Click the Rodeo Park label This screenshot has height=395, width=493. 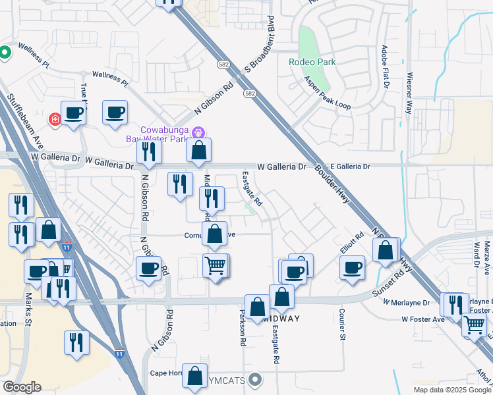[312, 63]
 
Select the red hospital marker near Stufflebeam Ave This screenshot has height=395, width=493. [55, 119]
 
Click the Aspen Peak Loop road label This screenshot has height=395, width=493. [328, 92]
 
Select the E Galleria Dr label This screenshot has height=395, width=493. [351, 167]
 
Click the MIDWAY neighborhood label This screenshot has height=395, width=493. [281, 319]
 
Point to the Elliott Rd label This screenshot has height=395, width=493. [351, 245]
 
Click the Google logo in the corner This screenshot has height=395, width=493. [22, 387]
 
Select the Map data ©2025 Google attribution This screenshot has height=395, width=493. [451, 390]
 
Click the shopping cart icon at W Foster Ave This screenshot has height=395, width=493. [474, 324]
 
